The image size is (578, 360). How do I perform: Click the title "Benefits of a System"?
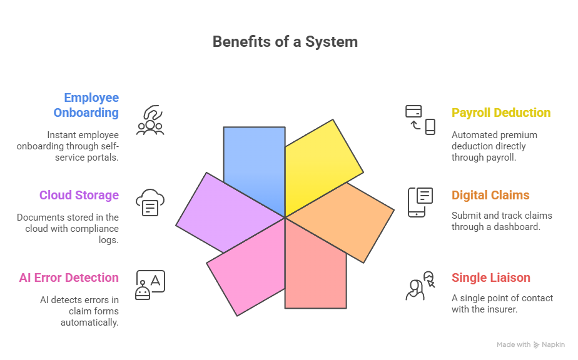[x=285, y=42]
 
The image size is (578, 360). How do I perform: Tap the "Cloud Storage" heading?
[x=79, y=195]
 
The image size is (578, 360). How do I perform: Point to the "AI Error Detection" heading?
[x=69, y=277]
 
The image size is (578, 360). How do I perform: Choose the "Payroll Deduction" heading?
[x=501, y=112]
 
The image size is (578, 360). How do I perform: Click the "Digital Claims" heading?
[x=490, y=195]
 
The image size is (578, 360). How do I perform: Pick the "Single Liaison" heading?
[x=490, y=277]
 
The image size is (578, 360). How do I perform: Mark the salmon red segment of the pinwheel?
[x=316, y=269]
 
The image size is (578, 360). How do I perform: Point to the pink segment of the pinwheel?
[x=247, y=262]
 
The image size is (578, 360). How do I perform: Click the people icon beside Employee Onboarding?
[x=150, y=120]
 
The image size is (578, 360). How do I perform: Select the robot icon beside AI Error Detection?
[x=150, y=285]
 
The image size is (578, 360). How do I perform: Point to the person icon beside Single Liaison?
[x=420, y=286]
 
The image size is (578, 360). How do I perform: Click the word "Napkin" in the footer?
[x=554, y=344]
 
